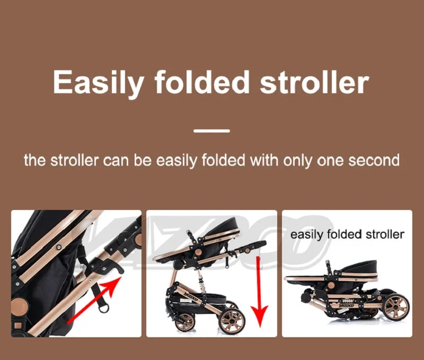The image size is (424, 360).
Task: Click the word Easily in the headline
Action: pos(98,83)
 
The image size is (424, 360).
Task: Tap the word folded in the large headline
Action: pos(202,83)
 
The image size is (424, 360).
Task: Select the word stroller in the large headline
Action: pos(314,83)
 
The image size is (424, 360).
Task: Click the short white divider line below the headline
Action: pos(211,130)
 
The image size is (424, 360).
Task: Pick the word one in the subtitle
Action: pos(329,161)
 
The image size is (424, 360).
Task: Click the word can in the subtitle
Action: pos(114,161)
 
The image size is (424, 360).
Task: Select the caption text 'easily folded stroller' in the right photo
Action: pos(348,234)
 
